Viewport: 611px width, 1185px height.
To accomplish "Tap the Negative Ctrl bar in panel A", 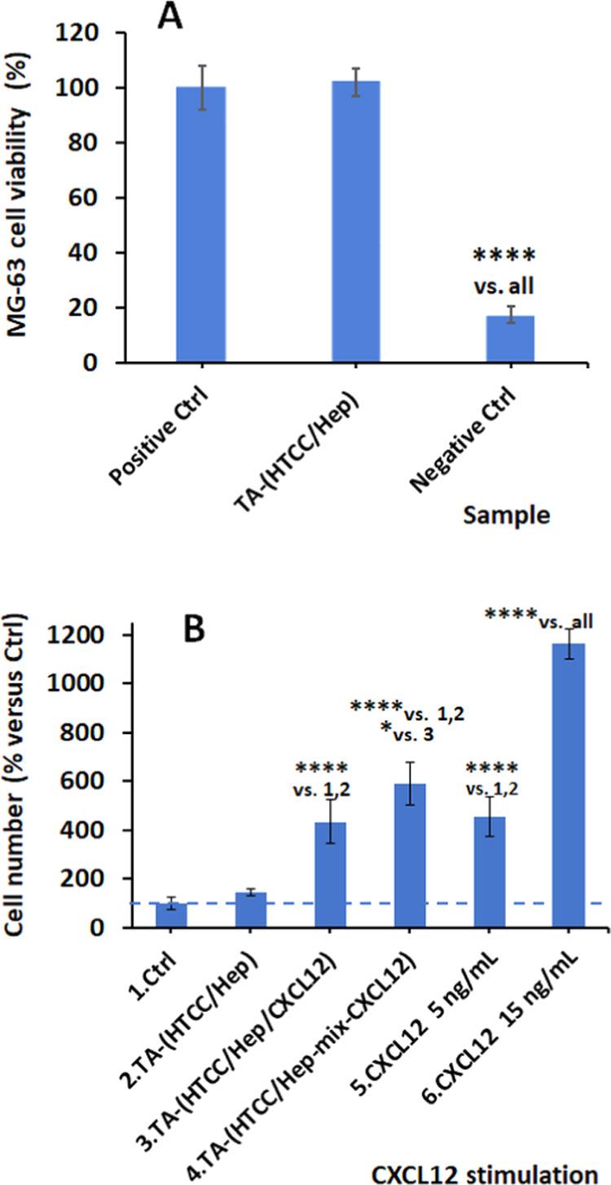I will [x=510, y=339].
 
